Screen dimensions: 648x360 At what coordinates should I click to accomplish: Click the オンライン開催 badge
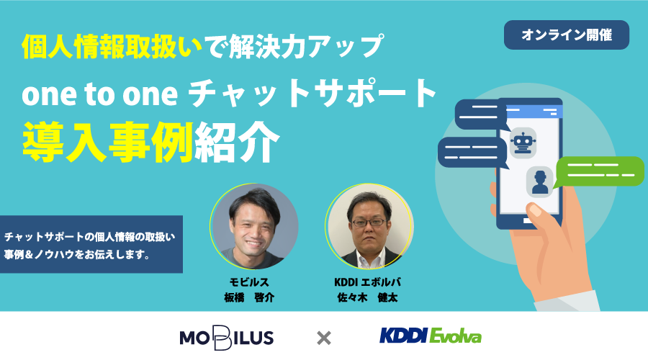[566, 35]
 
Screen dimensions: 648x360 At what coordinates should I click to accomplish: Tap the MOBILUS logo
[227, 338]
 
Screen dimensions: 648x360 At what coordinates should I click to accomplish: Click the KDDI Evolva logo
[431, 336]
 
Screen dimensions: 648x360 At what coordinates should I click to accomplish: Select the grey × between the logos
[323, 338]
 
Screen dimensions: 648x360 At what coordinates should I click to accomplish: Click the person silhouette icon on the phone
[540, 182]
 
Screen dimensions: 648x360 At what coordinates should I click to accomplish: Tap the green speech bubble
[598, 172]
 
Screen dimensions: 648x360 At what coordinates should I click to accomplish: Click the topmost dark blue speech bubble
[482, 114]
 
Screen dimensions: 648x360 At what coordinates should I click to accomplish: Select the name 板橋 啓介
[249, 297]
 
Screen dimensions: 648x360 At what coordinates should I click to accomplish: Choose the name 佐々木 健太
[367, 297]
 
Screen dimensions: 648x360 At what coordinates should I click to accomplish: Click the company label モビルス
[249, 282]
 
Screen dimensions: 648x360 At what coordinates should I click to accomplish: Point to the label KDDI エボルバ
[367, 282]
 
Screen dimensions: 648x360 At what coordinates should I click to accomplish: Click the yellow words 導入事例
[108, 142]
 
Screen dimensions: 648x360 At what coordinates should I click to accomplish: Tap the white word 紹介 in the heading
[237, 142]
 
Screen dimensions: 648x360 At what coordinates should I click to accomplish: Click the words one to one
[99, 94]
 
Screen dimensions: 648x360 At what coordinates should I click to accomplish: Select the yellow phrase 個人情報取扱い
[112, 46]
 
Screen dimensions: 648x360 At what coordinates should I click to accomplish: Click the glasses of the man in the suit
[368, 222]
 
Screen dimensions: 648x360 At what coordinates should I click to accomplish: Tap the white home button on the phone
[530, 220]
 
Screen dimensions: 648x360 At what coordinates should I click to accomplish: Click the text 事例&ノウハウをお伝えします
[77, 254]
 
